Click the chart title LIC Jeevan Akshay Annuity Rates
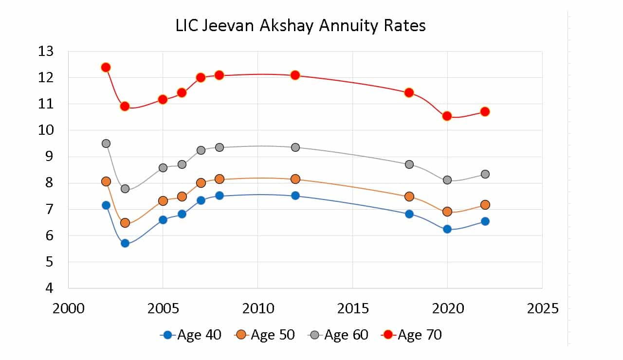300,25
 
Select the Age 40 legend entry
190,335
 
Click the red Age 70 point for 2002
106,67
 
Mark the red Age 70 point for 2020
447,116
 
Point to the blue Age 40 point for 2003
125,243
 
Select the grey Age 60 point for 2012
295,147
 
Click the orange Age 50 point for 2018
409,197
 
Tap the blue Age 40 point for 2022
485,221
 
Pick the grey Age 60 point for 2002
106,144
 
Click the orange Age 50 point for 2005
163,201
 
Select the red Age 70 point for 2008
220,75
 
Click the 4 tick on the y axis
49,288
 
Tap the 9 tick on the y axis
49,157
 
